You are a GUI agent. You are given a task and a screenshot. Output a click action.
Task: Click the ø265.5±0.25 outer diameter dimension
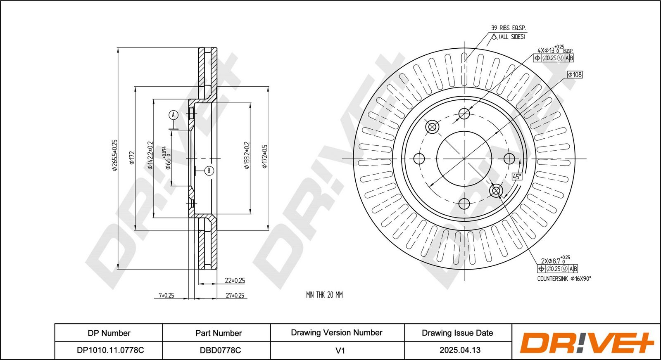coord(114,155)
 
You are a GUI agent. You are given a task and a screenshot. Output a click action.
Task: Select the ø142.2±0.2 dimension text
coord(150,155)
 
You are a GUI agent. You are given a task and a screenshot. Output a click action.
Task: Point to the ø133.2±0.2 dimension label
coord(247,155)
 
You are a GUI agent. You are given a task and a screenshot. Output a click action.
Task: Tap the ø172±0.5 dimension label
coord(265,156)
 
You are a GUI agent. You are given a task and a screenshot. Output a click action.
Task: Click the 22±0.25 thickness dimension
coord(235,280)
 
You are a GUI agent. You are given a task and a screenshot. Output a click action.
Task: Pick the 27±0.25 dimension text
coord(235,295)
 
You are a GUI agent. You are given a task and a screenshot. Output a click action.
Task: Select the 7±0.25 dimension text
coord(166,295)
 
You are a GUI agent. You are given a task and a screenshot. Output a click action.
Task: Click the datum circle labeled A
coord(174,115)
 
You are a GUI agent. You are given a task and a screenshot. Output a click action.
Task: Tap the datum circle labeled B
coord(209,171)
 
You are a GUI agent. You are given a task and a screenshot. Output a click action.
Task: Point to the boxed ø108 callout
coord(575,75)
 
